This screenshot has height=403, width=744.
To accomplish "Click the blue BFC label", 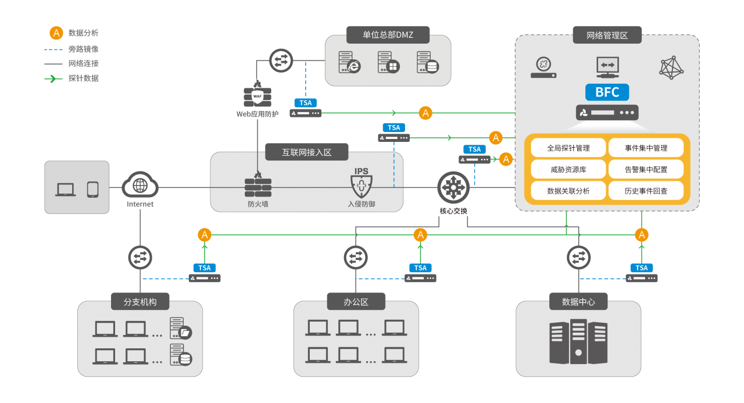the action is click(607, 92).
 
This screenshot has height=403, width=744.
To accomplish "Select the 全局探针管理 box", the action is click(568, 148).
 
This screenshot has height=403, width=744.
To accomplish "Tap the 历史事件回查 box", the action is click(646, 191).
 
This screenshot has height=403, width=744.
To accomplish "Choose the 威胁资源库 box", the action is click(568, 169).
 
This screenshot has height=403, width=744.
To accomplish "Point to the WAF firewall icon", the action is click(257, 94).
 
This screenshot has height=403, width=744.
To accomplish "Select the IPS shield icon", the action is click(362, 183).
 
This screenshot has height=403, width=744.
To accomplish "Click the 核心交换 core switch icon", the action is click(453, 188).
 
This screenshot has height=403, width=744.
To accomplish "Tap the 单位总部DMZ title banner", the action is click(388, 35).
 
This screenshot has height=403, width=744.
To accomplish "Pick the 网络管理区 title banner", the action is click(607, 35).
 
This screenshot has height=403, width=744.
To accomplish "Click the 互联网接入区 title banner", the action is click(306, 152).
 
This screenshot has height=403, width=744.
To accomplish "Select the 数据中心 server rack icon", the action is click(578, 341).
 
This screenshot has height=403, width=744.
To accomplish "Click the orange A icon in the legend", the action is click(56, 33).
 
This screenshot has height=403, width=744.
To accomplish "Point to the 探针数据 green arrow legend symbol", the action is click(53, 79).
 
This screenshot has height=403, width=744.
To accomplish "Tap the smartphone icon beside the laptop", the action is click(92, 190).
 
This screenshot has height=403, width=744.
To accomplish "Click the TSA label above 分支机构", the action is click(204, 268).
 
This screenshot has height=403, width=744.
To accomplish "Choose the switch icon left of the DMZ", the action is click(281, 60).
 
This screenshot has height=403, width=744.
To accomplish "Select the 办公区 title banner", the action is click(356, 302).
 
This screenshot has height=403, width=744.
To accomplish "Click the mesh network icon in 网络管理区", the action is click(671, 67).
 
